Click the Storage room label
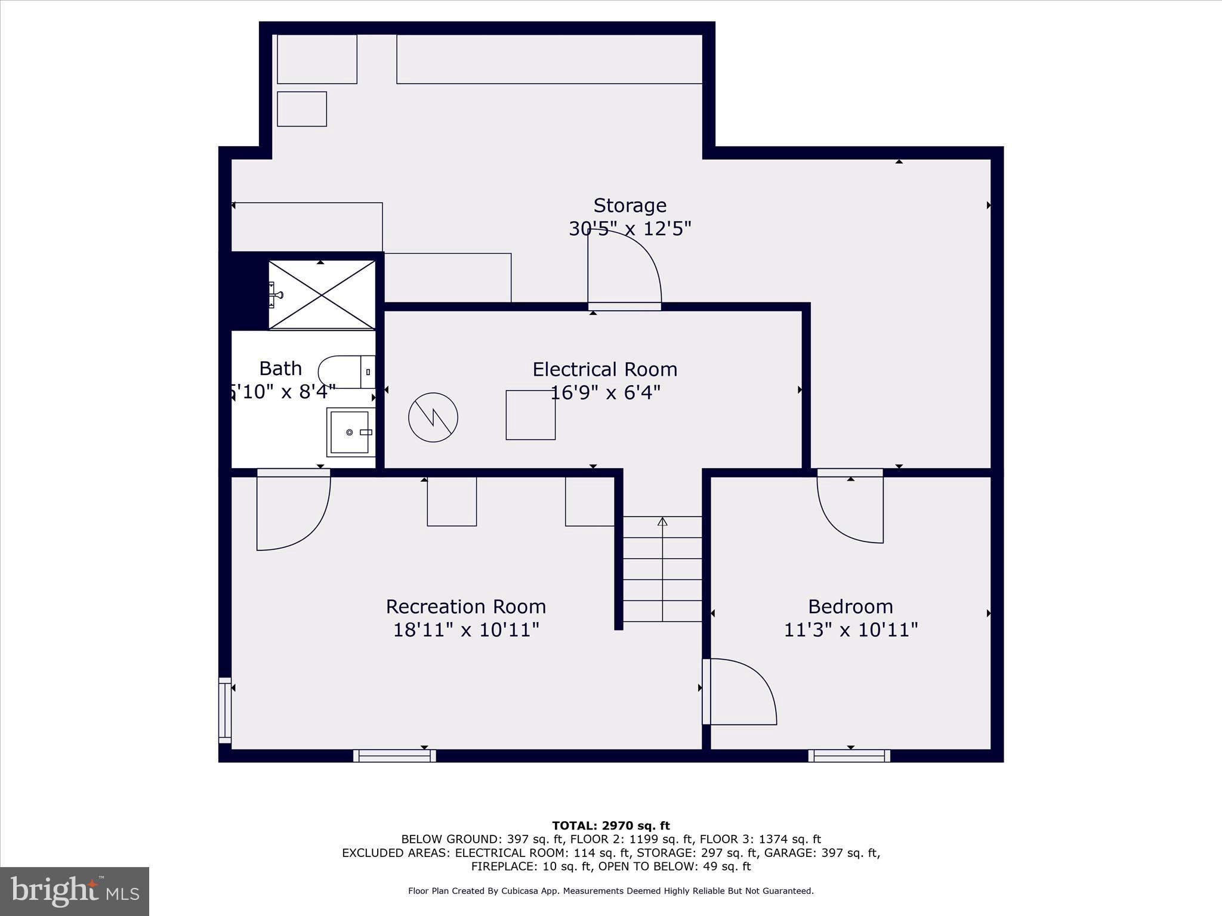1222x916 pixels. coord(629,205)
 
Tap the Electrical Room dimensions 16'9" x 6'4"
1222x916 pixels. coord(605,393)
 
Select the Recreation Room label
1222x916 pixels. coord(465,606)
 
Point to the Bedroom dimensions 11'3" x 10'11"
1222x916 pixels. coord(850,630)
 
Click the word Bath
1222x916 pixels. coord(280,369)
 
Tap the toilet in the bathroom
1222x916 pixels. coord(346,372)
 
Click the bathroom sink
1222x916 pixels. coord(350,432)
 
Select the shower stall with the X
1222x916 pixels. coord(322,295)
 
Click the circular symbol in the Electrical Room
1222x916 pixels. coord(433,417)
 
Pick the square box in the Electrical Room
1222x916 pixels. coord(530,415)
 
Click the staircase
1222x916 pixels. coord(662,570)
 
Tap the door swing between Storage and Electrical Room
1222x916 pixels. coord(624,268)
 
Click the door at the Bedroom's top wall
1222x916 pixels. coord(850,507)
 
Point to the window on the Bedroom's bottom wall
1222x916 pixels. coord(849,756)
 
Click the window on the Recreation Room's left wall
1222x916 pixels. coord(225,710)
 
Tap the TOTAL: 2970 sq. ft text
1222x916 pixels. coord(610,826)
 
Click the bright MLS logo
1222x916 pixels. coord(75,892)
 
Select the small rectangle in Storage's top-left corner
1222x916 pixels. coord(302,109)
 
